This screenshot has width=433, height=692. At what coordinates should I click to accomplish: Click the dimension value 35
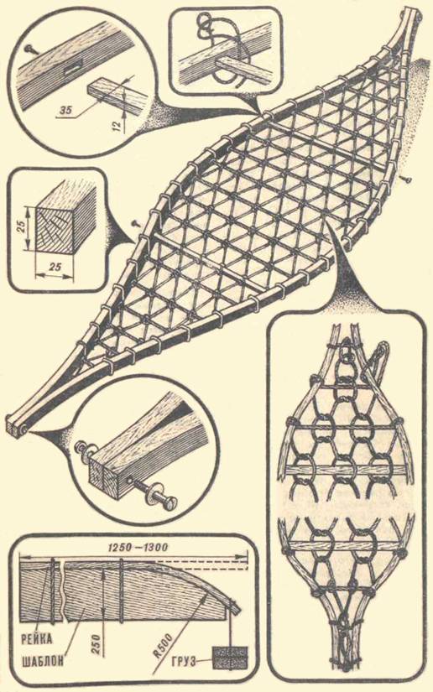coord(65,110)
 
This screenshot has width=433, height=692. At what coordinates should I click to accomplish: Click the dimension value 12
coord(116,126)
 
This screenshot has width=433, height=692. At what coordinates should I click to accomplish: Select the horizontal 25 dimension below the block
coord(55,267)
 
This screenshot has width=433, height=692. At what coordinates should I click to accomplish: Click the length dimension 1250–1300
coord(138,547)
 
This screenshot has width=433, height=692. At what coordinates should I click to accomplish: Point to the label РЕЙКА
coord(36,638)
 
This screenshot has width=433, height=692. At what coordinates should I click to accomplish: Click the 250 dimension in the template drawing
coord(98,643)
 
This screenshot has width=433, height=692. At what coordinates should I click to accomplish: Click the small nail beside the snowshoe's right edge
coord(405,179)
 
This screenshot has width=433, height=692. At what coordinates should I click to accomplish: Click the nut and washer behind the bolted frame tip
coord(86,450)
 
